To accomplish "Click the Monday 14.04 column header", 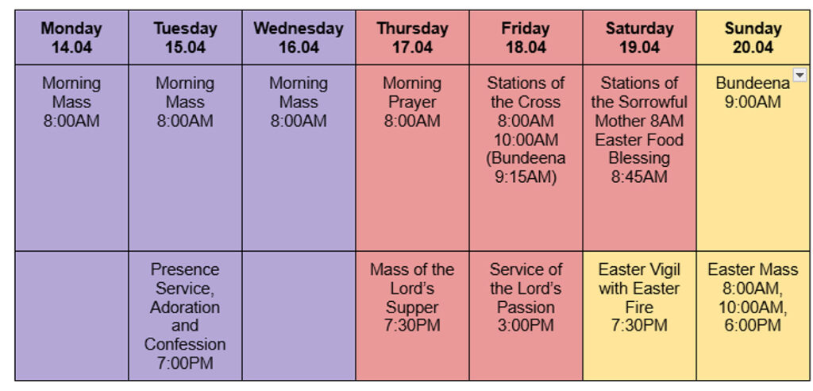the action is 71,37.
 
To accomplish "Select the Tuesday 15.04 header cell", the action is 185,37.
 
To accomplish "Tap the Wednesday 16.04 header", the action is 299,37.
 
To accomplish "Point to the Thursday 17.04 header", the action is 412,37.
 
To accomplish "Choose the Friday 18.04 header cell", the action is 526,37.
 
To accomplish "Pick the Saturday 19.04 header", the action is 639,37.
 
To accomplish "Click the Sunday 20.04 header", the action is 753,37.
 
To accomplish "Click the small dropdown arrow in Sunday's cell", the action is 800,75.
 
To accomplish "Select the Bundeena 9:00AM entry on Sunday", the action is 753,92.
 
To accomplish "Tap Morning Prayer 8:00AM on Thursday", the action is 412,102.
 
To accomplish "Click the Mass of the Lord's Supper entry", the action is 412,297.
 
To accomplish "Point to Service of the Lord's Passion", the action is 526,297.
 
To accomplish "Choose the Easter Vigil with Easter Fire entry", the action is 639,297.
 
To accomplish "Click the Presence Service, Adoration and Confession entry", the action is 185,316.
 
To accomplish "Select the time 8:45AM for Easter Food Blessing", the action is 639,177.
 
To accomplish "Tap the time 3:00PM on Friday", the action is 526,326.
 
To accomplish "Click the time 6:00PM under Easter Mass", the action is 753,326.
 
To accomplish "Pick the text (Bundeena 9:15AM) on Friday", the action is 526,168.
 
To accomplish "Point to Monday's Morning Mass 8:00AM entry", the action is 71,102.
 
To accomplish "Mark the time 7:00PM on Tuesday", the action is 185,363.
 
